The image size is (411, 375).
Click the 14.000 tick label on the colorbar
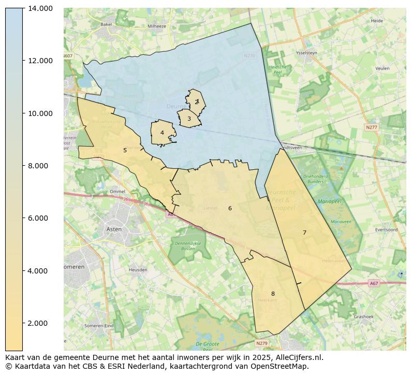(x=40, y=8)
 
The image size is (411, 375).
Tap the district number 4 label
(x=162, y=133)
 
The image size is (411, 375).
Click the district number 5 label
(x=125, y=150)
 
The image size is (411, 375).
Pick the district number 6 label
(x=230, y=208)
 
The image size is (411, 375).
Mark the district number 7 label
(x=304, y=233)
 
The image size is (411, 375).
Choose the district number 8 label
(x=273, y=294)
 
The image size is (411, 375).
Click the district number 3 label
(x=189, y=119)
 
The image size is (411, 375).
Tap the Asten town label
(x=114, y=229)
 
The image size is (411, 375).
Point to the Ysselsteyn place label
(x=305, y=53)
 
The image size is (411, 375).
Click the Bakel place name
(x=106, y=24)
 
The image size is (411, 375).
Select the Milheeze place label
(x=157, y=26)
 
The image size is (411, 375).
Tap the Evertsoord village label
(x=386, y=229)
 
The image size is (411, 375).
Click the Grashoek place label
(x=364, y=316)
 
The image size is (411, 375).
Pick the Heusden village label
(x=138, y=270)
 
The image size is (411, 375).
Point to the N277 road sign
(x=371, y=127)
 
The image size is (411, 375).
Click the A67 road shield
(x=374, y=283)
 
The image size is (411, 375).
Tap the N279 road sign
(x=262, y=343)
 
